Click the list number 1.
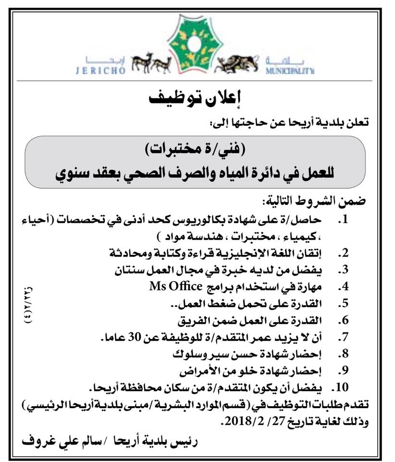click(x=342, y=221)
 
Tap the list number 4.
click(x=342, y=288)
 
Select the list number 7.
click(x=342, y=339)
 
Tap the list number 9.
click(x=342, y=372)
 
